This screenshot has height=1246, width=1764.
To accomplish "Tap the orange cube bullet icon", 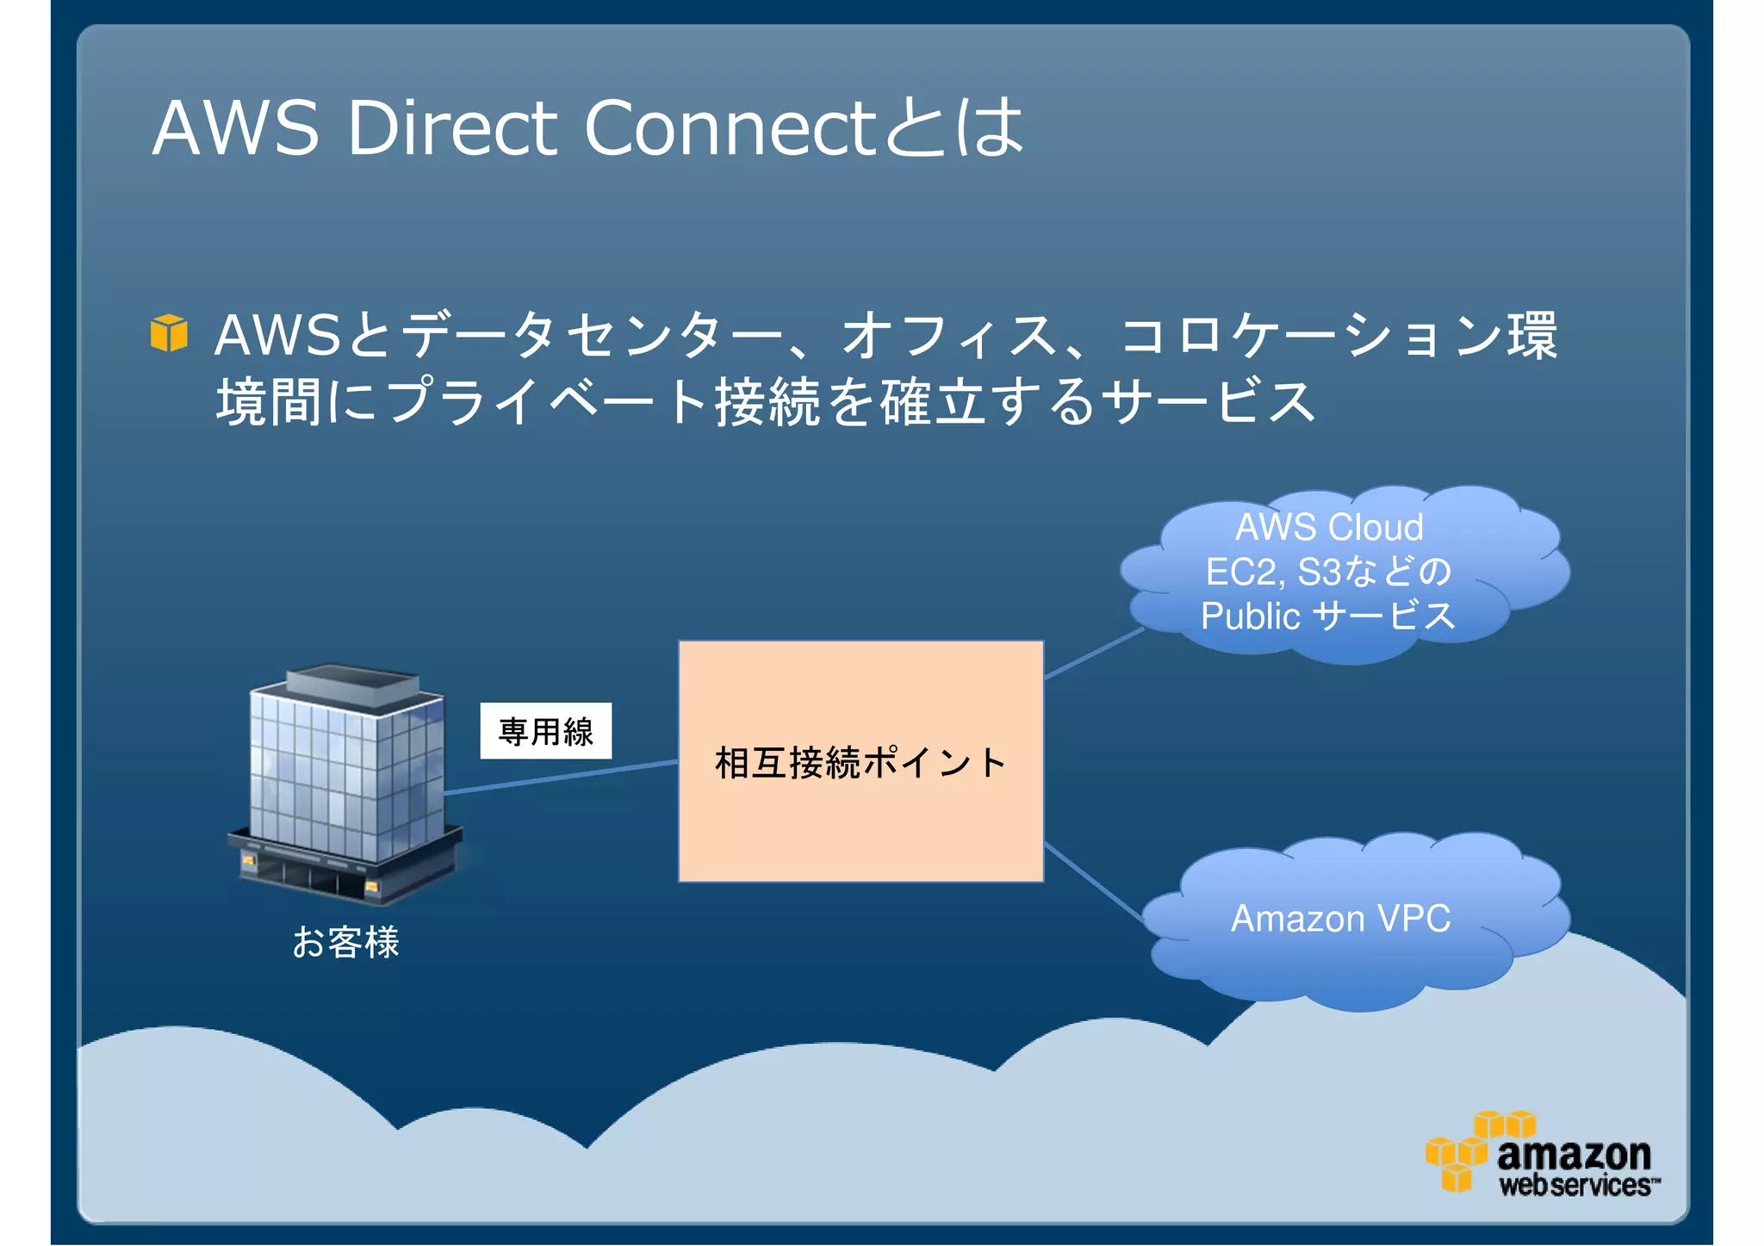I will [x=169, y=333].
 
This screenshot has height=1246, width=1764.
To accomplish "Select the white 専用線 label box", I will [x=545, y=731].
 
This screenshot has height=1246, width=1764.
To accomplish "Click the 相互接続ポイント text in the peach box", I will [x=860, y=763].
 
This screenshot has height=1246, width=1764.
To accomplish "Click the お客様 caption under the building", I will [x=345, y=941].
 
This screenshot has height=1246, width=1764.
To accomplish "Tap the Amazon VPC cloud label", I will [x=1340, y=918].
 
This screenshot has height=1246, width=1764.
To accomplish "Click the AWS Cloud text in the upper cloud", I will [x=1328, y=527].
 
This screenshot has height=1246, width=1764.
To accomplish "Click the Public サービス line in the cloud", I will [x=1327, y=617].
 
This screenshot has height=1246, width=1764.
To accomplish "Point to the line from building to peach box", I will [x=560, y=777].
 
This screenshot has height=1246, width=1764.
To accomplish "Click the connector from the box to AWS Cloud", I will [x=1094, y=654].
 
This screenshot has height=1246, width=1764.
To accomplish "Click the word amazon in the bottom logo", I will [x=1574, y=1153].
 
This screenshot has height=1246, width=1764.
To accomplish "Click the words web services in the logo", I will [x=1575, y=1186].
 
